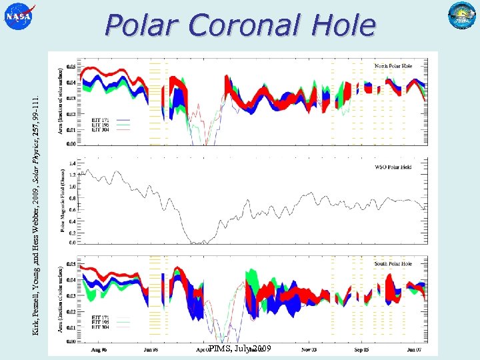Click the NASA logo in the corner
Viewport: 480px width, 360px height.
[x=19, y=17]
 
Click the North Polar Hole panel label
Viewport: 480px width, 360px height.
[x=393, y=66]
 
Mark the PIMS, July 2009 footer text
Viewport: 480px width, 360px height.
[x=239, y=349]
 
